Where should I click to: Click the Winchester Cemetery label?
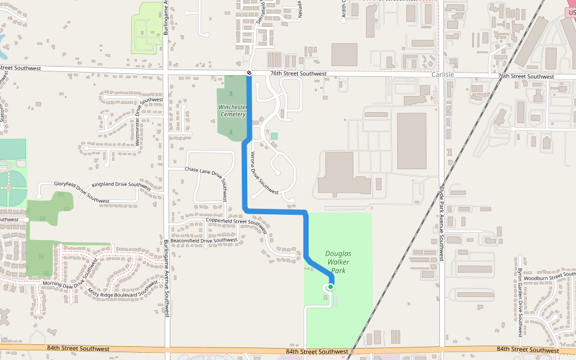pyautogui.click(x=232, y=110)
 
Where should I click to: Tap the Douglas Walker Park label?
pyautogui.click(x=338, y=262)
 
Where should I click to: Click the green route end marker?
pyautogui.click(x=330, y=287)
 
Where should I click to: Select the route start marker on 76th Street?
pyautogui.click(x=249, y=73)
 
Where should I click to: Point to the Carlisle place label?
pyautogui.click(x=443, y=74)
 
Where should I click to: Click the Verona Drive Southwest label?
pyautogui.click(x=264, y=172)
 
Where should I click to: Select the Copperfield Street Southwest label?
pyautogui.click(x=236, y=223)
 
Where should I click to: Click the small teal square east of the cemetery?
pyautogui.click(x=274, y=136)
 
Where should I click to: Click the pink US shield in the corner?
pyautogui.click(x=571, y=12)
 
